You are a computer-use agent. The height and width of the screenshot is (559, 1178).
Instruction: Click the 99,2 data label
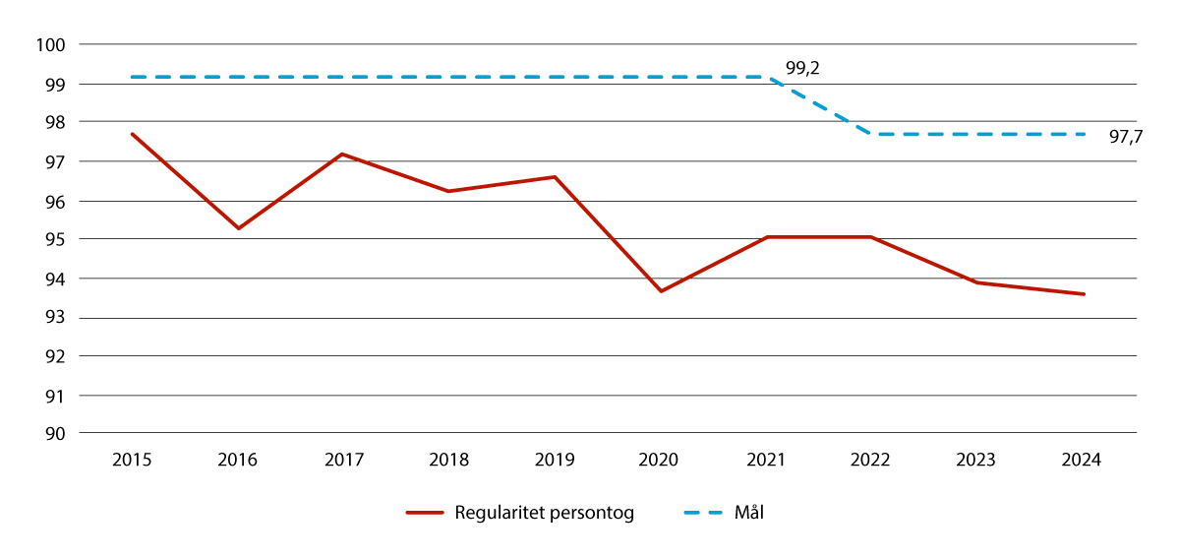coord(802,69)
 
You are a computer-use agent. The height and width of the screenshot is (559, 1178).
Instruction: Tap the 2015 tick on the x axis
coord(132,460)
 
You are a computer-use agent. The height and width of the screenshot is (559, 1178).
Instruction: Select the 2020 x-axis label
coord(661,460)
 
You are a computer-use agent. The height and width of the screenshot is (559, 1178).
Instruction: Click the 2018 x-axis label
coord(449,460)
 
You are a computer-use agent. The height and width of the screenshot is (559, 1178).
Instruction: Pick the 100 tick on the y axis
coord(50,45)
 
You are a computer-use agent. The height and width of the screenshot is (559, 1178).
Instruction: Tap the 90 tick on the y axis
coord(54,434)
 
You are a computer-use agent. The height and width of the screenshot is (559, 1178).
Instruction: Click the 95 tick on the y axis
coord(54,239)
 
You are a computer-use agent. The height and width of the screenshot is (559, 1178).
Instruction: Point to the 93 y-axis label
coord(54,318)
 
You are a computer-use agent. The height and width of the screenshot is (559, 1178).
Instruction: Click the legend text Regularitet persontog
coord(544,513)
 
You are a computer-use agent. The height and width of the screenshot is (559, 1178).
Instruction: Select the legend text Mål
coord(748,513)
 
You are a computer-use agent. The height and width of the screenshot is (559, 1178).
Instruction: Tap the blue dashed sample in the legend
coord(702,513)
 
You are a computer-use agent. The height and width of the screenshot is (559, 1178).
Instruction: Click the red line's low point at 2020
coord(661,291)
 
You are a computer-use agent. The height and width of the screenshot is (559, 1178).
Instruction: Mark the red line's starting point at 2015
coord(132,134)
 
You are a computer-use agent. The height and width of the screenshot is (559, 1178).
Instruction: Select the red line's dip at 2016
coord(238,228)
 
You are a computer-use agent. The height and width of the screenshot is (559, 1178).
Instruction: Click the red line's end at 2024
coord(1084,294)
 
